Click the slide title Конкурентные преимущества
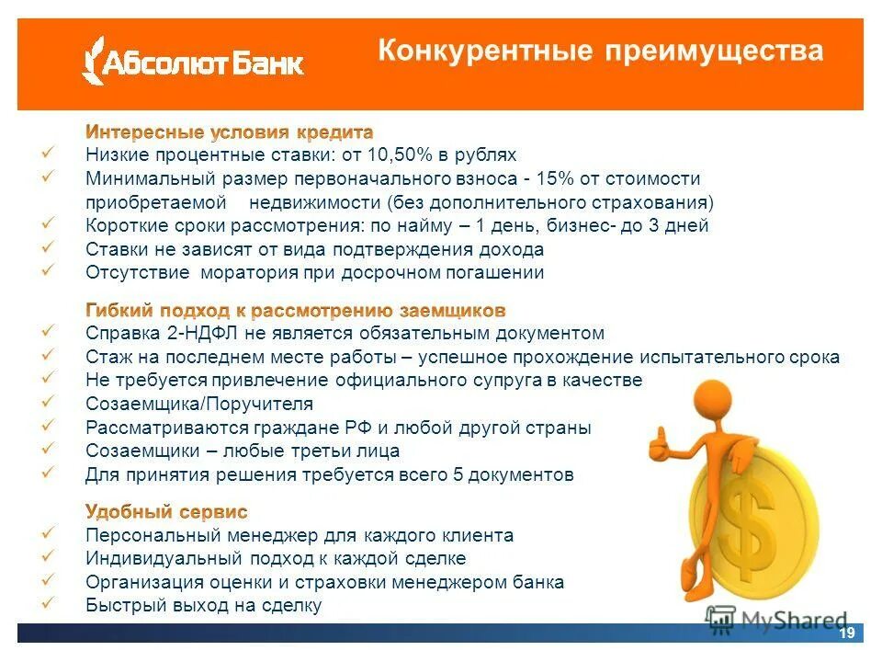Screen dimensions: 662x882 (x=601, y=51)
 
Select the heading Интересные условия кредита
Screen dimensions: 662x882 (x=230, y=132)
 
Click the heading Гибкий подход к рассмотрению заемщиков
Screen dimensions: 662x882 (x=295, y=310)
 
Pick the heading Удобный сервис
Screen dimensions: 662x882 (x=166, y=511)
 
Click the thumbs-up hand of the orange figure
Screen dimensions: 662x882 (x=659, y=444)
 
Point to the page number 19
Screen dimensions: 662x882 (x=846, y=633)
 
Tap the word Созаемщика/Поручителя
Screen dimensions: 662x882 (x=199, y=404)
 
